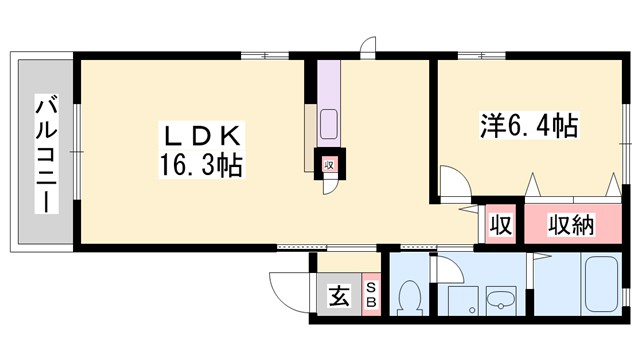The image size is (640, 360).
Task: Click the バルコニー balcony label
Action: [x=45, y=152]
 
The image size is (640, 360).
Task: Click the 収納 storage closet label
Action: [x=571, y=225]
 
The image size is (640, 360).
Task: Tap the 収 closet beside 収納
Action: [x=500, y=225]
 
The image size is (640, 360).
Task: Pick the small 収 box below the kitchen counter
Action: [x=328, y=165]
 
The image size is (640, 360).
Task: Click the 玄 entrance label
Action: [x=338, y=296]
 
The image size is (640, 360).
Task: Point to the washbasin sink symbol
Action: [x=497, y=301]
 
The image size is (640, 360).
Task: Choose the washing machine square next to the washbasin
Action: [x=460, y=300]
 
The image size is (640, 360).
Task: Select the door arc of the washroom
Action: [x=445, y=268]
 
